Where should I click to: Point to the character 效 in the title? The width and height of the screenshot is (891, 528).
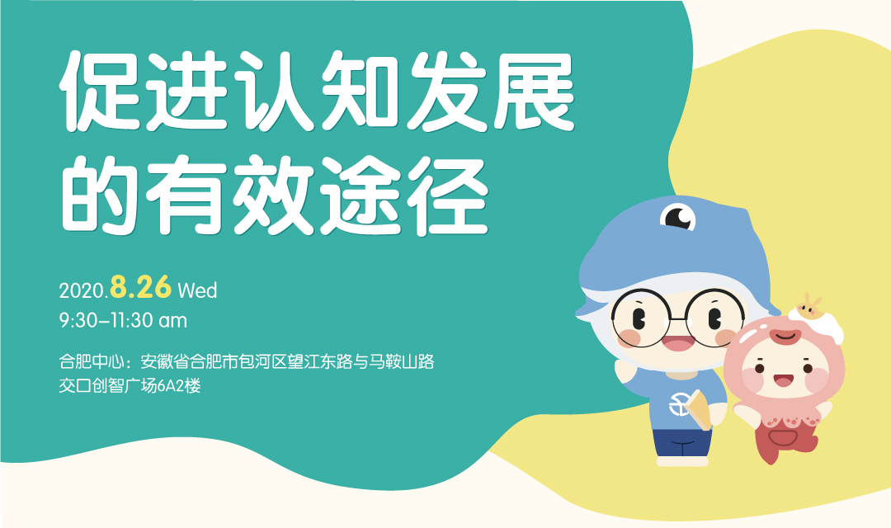[274, 195]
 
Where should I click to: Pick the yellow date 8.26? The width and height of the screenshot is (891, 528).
[140, 287]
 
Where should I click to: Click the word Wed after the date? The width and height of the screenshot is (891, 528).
[197, 290]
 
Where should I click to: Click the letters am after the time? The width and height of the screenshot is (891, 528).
[172, 322]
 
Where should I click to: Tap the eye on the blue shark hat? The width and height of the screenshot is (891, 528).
[677, 216]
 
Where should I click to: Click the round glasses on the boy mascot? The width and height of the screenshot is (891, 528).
[676, 318]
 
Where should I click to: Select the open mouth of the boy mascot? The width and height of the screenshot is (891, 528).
[678, 343]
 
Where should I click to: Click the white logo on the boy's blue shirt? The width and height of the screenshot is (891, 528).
[679, 404]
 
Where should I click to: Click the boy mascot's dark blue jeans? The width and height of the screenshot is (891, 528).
[681, 443]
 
